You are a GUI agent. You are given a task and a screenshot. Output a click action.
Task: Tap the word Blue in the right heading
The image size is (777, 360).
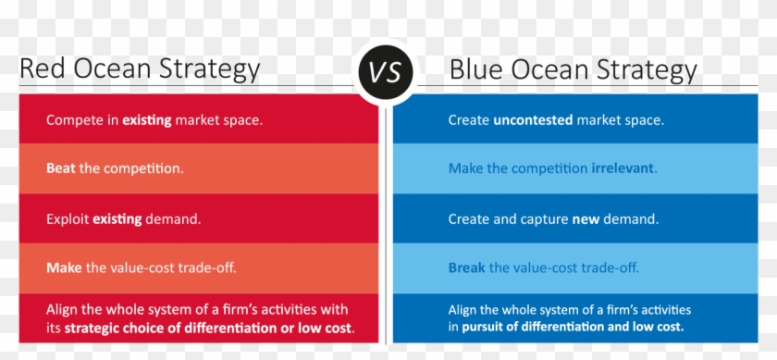[474, 69]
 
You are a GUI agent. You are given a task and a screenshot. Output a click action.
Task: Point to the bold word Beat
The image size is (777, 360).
[61, 169]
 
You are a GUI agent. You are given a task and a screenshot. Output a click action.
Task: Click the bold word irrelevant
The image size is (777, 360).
[623, 169]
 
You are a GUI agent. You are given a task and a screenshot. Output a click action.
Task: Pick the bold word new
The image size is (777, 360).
[586, 219]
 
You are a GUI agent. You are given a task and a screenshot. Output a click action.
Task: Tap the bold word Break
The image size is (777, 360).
[466, 268]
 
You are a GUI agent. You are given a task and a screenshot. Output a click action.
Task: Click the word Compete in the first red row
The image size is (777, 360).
[73, 120]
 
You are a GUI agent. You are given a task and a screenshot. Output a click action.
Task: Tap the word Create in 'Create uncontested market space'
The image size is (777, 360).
[469, 120]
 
